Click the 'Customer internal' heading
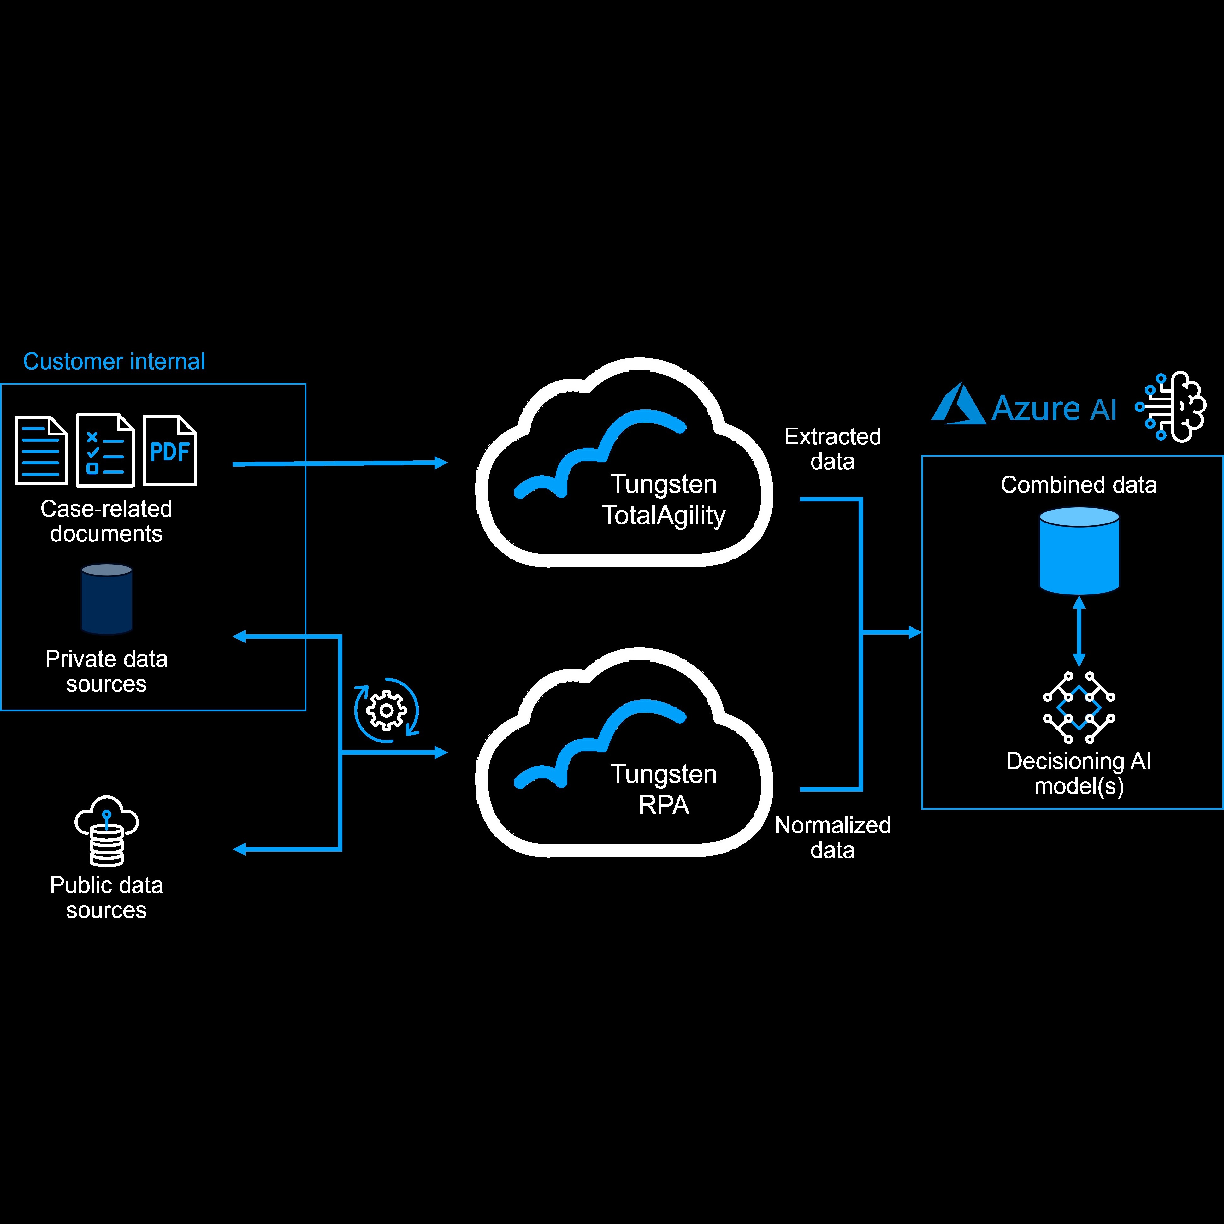114,362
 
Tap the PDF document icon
170,451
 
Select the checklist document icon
105,451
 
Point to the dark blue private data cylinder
106,599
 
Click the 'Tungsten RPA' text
663,789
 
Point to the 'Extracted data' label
832,448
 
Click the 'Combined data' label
1078,485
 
